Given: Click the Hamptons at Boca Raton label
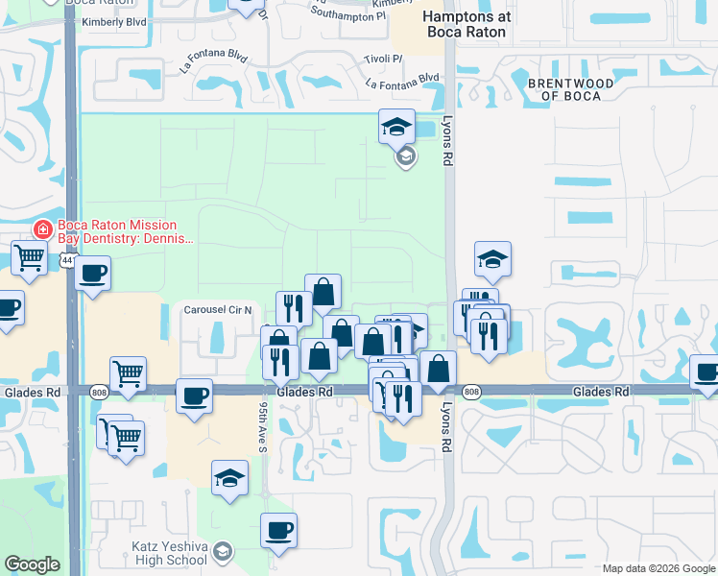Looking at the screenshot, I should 467,24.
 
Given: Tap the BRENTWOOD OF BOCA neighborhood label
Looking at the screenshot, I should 570,89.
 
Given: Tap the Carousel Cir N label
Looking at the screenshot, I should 218,310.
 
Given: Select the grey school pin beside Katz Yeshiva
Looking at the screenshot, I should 224,550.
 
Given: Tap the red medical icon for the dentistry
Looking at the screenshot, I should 41,229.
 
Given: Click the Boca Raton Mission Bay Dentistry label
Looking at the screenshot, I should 125,235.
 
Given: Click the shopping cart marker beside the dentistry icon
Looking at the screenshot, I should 30,257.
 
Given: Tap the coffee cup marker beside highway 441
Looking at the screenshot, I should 92,273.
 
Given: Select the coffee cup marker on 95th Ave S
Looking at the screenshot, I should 278,530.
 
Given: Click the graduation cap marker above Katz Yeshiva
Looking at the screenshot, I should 229,478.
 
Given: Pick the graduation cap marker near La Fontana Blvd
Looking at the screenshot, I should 395,126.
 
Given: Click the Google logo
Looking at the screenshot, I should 32,564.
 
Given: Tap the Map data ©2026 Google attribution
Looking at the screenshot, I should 658,568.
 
